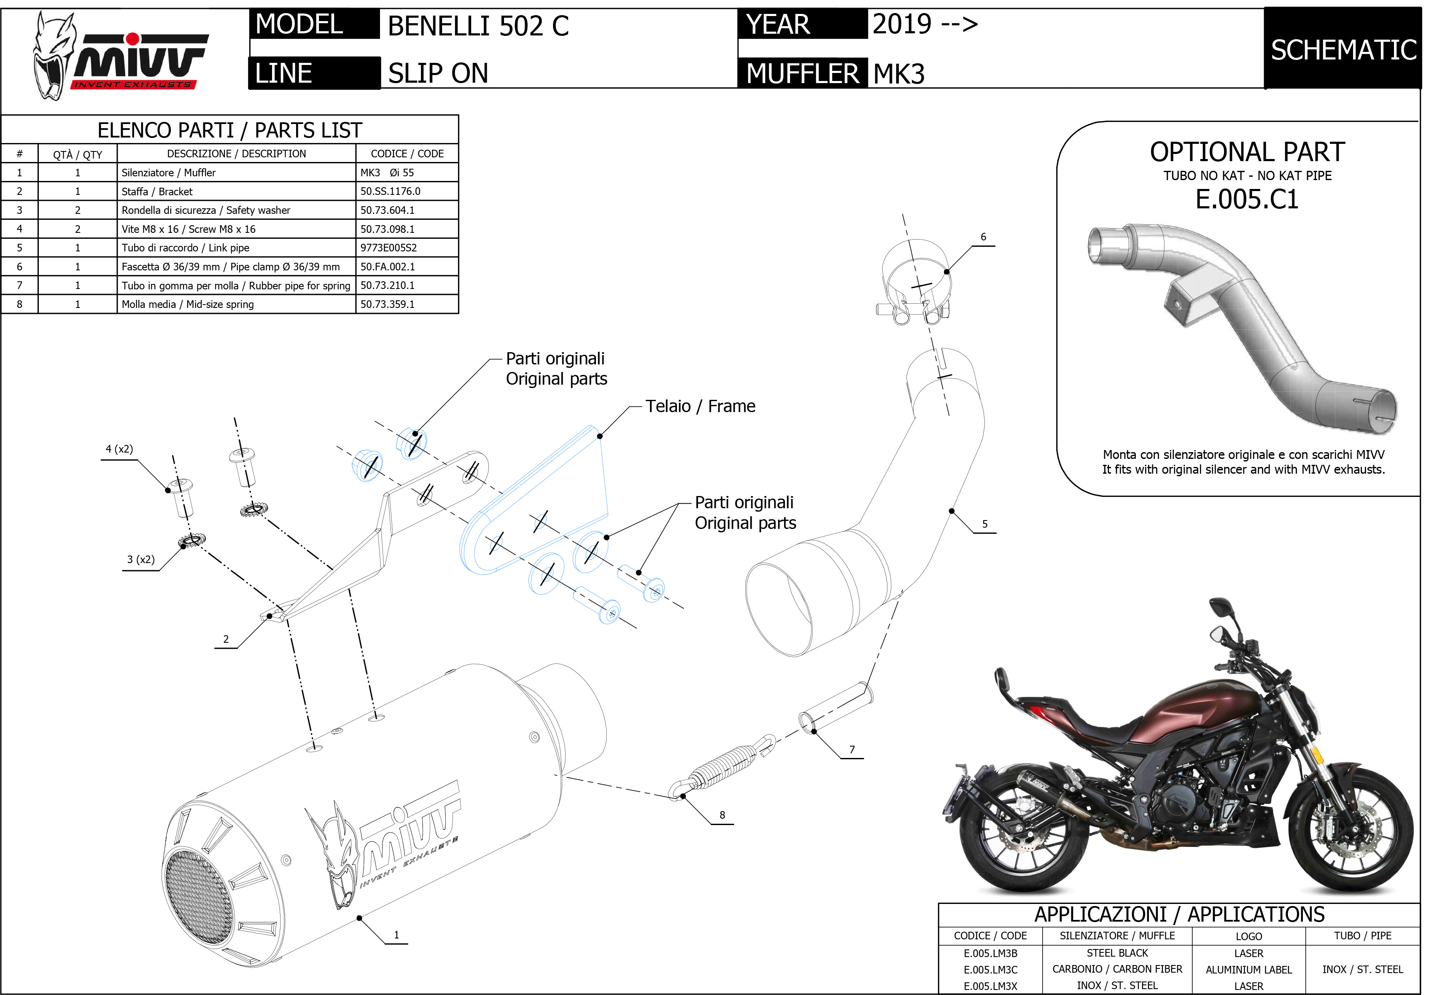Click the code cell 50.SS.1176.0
click(390, 191)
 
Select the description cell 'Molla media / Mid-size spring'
click(188, 304)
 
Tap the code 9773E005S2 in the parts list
click(388, 248)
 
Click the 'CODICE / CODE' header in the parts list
click(407, 154)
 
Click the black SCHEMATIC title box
click(1343, 50)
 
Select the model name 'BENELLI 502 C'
click(478, 26)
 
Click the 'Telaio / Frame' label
click(700, 407)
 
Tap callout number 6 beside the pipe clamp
click(983, 237)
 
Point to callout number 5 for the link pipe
click(984, 524)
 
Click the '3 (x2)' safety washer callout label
click(141, 560)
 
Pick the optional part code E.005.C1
click(1247, 200)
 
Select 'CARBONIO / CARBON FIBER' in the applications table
click(1117, 969)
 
